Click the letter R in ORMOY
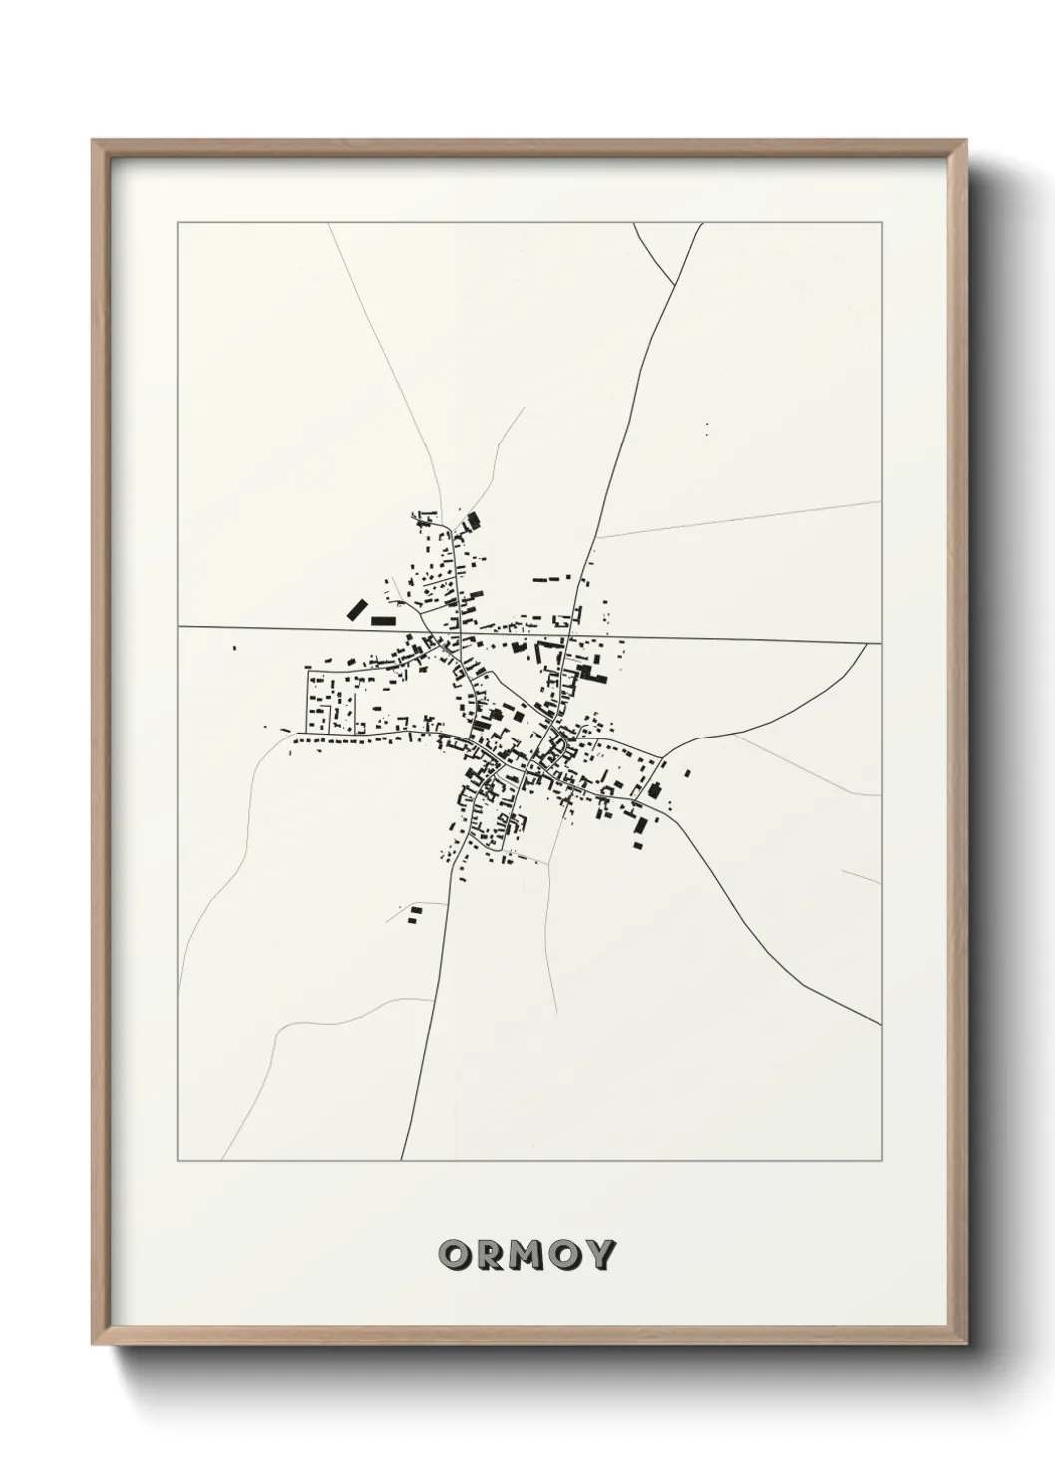(491, 1255)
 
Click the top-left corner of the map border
(178, 223)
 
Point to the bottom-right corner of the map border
(881, 1161)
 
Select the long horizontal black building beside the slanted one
(384, 620)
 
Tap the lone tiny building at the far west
(235, 647)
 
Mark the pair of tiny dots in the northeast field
(707, 430)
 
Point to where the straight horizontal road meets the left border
(179, 626)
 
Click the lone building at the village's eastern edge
(687, 771)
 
